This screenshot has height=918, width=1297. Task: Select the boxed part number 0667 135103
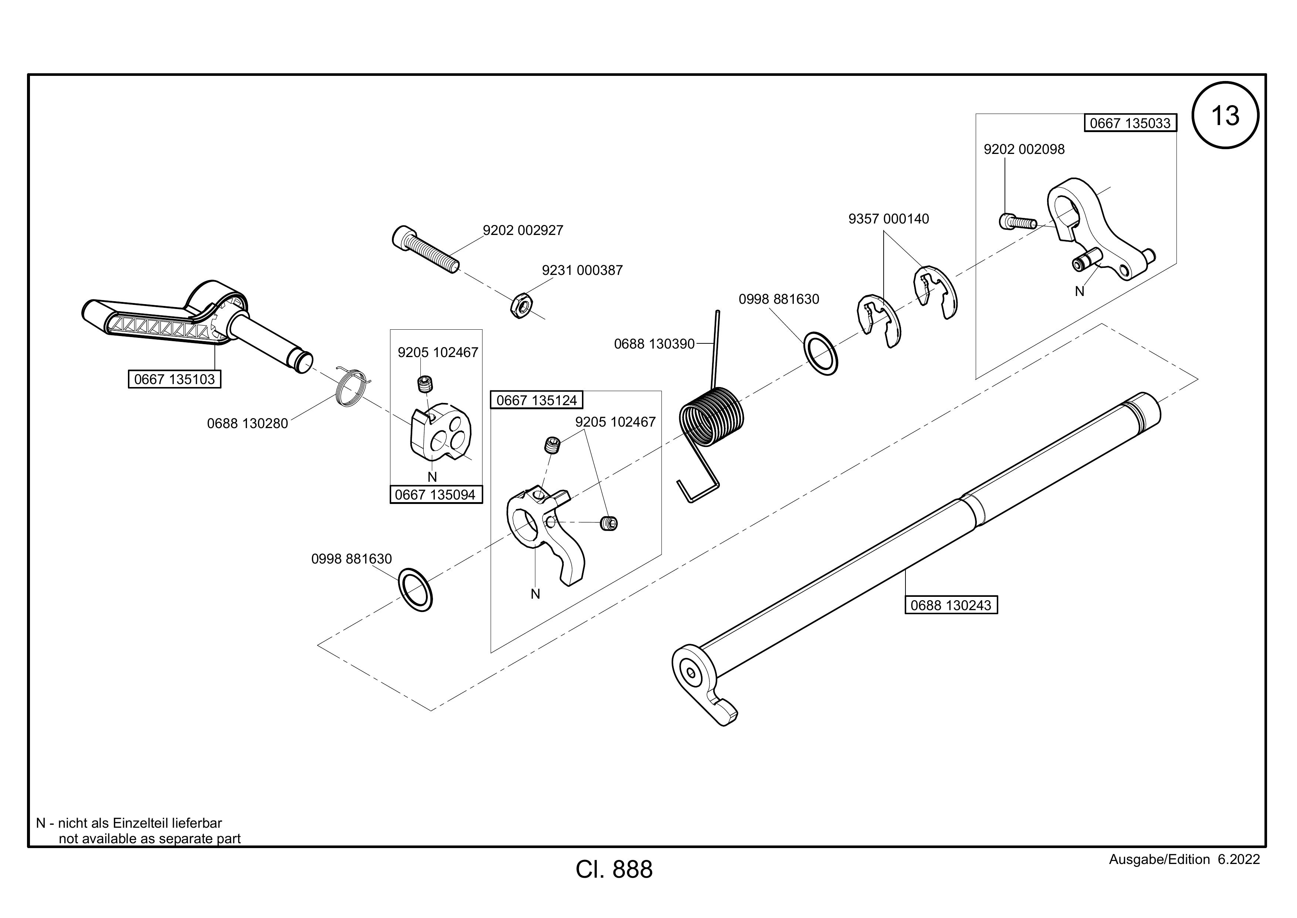coord(175,379)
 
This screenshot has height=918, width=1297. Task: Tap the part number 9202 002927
coord(523,230)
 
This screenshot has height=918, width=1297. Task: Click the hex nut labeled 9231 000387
coord(522,306)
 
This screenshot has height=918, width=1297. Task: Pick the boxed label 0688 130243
coord(951,605)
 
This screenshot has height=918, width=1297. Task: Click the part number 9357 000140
coord(888,219)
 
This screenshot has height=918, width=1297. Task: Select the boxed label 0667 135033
coord(1130,123)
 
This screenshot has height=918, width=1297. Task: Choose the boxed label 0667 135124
coord(536,400)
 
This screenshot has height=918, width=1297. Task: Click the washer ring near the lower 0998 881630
coord(416,591)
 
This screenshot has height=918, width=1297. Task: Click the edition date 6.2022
coord(1239,859)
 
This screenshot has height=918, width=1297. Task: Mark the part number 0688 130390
coord(654,344)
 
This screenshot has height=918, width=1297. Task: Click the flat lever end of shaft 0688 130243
coord(703,683)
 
